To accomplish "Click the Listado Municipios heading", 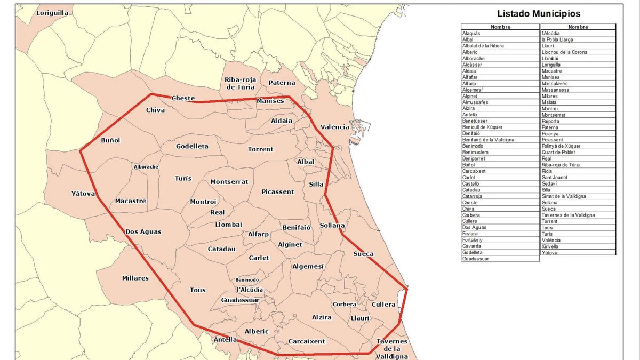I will click(539, 14).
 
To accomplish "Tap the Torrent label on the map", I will click(261, 149).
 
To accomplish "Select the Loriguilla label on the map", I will click(53, 13).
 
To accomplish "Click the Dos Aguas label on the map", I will click(143, 231).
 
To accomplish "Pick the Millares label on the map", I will click(135, 278).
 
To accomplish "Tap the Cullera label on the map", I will click(384, 305).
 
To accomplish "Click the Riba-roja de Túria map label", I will click(240, 83).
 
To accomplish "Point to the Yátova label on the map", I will click(83, 194).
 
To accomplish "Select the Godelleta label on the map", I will click(192, 146).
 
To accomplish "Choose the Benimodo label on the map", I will click(247, 280).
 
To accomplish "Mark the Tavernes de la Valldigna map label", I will click(392, 349).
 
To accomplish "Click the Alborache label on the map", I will click(146, 167).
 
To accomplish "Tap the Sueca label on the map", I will click(364, 254).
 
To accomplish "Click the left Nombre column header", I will click(500, 27).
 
